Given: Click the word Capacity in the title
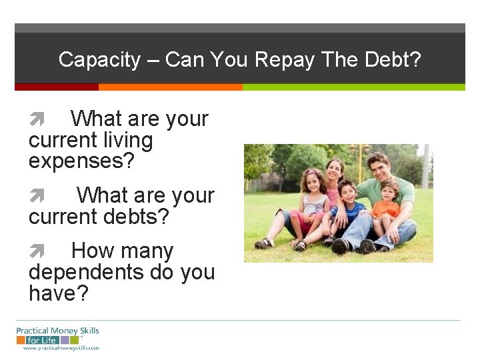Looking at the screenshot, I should [99, 60].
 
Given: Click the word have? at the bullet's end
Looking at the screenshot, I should [58, 293].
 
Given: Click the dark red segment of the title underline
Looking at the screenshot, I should [56, 87].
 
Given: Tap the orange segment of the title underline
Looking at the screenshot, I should [170, 87].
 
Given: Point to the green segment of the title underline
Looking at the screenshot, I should [353, 87].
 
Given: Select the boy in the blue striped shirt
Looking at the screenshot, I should [347, 207].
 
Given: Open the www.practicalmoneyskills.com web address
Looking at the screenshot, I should [61, 348].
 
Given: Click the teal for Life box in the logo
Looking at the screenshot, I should [41, 339].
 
